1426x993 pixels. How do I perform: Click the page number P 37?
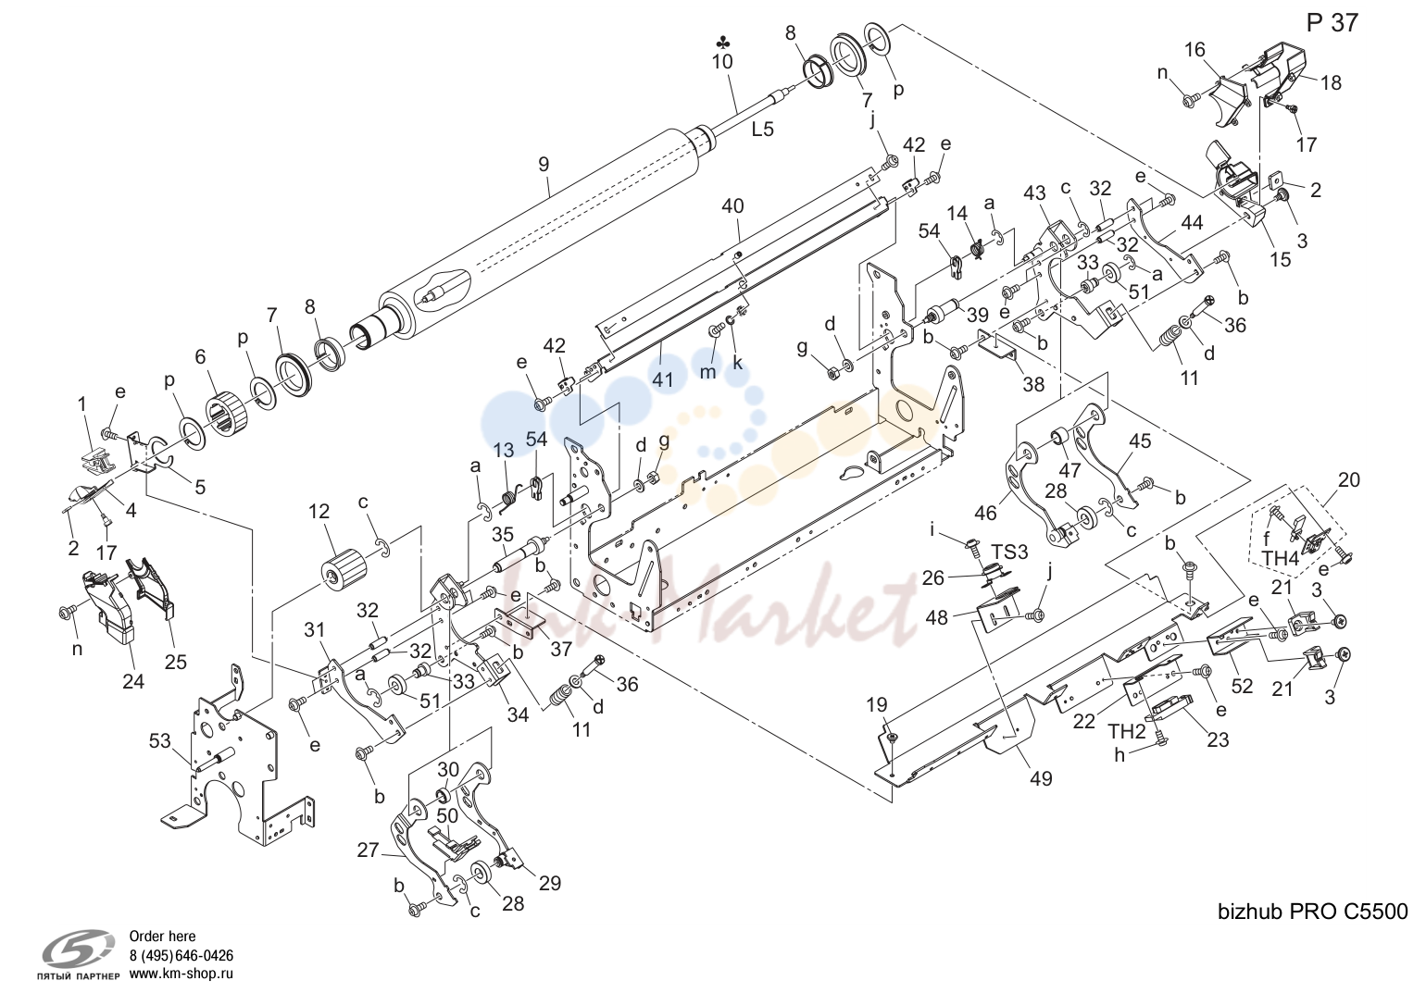coord(1332,23)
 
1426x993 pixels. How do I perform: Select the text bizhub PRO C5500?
coord(1313,912)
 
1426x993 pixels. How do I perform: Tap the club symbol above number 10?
coord(723,43)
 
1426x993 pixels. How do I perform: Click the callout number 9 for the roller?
coord(543,164)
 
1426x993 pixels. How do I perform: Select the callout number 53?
coord(159,741)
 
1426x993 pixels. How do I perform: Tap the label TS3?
coord(1009,552)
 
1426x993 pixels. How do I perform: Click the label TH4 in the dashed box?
coord(1281,558)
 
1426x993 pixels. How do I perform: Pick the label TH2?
coord(1127,731)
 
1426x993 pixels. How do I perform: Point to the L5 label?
coord(762,130)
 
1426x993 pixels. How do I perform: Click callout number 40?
coord(732,206)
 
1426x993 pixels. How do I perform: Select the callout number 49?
coord(1041,778)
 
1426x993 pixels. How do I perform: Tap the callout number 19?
coord(877,704)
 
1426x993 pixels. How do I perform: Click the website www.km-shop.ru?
coord(181,974)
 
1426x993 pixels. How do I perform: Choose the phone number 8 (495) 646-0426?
coord(181,955)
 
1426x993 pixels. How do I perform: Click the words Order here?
coord(162,937)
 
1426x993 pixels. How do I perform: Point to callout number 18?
coord(1331,82)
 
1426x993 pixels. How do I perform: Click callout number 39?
coord(978,315)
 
